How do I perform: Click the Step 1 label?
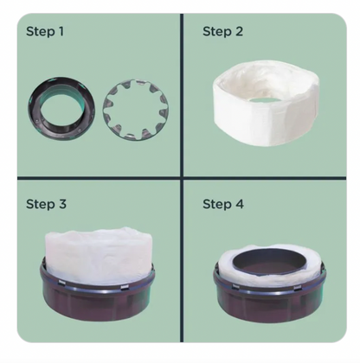[45, 32]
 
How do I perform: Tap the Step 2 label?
[222, 32]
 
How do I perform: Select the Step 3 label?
[46, 204]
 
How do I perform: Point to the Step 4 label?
[223, 204]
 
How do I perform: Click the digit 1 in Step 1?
[61, 31]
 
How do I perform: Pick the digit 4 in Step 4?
[240, 204]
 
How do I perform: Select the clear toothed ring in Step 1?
[107, 109]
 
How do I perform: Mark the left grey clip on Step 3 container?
[63, 282]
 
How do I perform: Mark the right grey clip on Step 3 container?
[125, 287]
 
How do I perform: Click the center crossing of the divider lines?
[182, 178]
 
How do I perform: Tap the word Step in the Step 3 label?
[41, 204]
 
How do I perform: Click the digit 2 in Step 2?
[239, 31]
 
